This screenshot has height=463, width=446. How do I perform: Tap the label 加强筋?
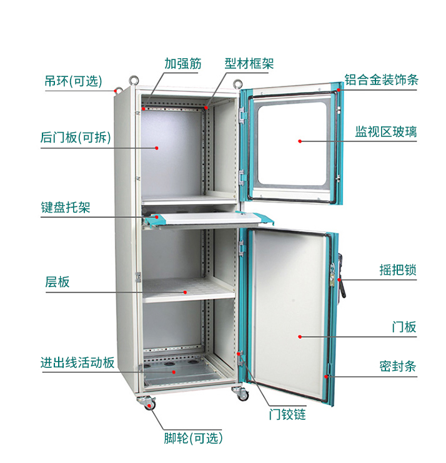click(183, 64)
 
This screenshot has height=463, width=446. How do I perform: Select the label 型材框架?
click(249, 64)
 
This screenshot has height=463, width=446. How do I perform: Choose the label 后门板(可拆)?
click(76, 138)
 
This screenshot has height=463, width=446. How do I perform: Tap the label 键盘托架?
click(66, 207)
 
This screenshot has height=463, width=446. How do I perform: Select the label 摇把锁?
click(397, 270)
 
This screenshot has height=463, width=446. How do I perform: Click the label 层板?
click(57, 282)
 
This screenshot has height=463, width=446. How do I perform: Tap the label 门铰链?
click(287, 414)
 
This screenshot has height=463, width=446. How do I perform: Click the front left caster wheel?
click(151, 404)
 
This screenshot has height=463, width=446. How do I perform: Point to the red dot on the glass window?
click(300, 141)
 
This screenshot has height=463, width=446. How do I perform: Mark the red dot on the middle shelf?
click(186, 292)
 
